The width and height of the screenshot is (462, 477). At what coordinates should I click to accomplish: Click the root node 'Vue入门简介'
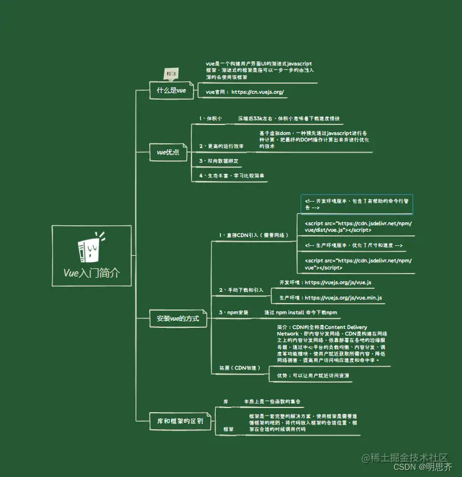[x=91, y=272]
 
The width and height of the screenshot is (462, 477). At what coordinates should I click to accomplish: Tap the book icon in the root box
[x=90, y=248]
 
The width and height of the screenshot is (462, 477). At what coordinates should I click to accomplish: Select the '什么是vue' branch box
[x=171, y=91]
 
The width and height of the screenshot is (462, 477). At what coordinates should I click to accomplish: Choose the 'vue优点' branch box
[x=168, y=152]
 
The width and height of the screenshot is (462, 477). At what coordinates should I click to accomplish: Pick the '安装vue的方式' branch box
[x=177, y=318]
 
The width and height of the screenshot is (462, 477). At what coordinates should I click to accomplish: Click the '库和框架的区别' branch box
[x=180, y=421]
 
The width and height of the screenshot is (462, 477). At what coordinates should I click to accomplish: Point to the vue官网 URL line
[x=245, y=92]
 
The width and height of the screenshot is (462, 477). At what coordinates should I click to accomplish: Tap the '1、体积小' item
[x=210, y=119]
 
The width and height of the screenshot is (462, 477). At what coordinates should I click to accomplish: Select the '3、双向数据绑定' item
[x=219, y=160]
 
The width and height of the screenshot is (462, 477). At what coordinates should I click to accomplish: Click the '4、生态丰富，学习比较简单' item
[x=232, y=176]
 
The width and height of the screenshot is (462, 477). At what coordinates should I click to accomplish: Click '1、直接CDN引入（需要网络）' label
[x=253, y=235]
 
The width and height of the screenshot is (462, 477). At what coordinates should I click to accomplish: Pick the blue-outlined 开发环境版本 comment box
[x=357, y=204]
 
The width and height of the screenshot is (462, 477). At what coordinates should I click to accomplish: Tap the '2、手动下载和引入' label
[x=241, y=290]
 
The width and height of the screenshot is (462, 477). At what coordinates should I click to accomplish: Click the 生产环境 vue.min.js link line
[x=330, y=298]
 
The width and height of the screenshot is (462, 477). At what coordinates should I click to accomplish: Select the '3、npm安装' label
[x=233, y=312]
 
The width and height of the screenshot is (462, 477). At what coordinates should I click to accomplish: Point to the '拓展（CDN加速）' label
[x=239, y=368]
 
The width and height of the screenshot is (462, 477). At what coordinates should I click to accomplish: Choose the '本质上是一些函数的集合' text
[x=272, y=402]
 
